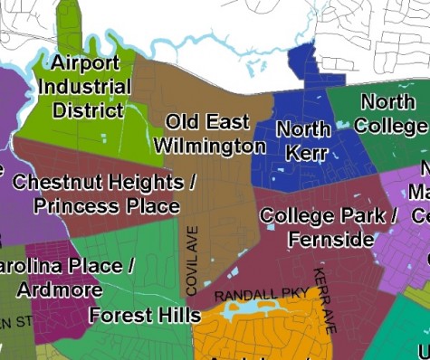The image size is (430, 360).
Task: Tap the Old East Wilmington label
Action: (x=209, y=134)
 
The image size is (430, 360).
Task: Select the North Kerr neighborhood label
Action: (x=303, y=140)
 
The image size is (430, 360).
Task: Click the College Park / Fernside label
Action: (x=328, y=228)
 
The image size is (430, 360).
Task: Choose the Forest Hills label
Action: (x=145, y=316)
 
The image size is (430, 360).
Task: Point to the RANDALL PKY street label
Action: (x=262, y=296)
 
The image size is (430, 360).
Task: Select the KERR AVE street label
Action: (x=325, y=299)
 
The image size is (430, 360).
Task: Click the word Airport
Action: (x=85, y=63)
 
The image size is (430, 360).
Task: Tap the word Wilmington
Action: (x=209, y=146)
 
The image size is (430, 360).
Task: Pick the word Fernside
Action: (x=330, y=240)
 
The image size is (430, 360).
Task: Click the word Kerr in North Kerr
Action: (x=306, y=152)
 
